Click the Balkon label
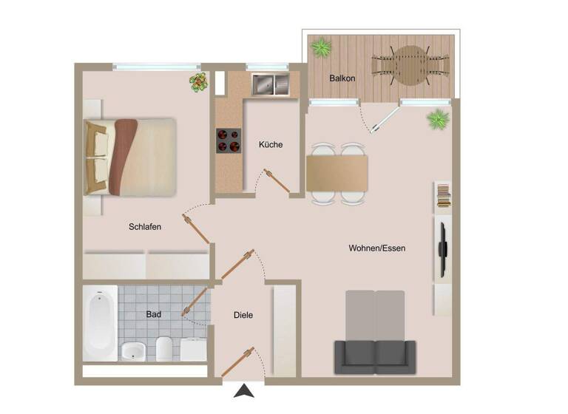coord(342,78)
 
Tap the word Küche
coord(270,145)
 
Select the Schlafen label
coord(145,227)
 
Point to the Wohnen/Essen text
coord(376,248)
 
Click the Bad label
coord(153,314)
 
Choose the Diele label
coord(243,315)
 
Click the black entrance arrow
coord(243,391)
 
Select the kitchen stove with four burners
coord(229,140)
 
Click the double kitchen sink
coord(271,84)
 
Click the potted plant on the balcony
coord(321,48)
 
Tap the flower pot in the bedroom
coord(198,82)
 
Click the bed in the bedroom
coord(131,157)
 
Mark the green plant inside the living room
coord(438,118)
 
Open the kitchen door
coord(277,182)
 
